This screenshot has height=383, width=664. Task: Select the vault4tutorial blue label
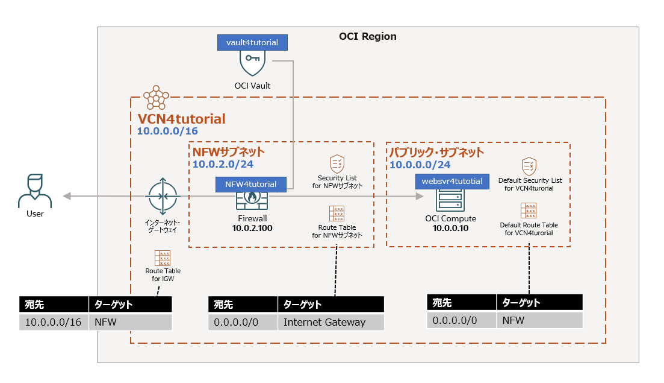[x=252, y=42]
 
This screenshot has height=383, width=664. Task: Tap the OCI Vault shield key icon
[x=252, y=63]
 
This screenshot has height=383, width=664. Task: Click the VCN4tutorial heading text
[x=181, y=119]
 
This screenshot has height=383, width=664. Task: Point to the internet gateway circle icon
[x=163, y=195]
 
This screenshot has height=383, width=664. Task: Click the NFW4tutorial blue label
[x=251, y=184]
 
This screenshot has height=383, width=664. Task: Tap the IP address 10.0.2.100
[x=252, y=228]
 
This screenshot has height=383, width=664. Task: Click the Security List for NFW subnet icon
[x=337, y=164]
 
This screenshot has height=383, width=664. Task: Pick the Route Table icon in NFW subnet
[x=337, y=214]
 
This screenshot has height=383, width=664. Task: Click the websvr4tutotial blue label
[x=452, y=181]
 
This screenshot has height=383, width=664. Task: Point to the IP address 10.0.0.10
[x=450, y=228]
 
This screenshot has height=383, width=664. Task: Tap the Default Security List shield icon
[x=529, y=166]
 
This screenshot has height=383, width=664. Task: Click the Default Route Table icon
[x=529, y=210]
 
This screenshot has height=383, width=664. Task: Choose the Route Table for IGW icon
[x=163, y=258]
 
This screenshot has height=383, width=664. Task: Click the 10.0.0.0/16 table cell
[x=54, y=322]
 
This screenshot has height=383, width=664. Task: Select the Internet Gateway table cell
[x=330, y=322]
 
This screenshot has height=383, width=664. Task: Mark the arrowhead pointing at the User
[x=67, y=196]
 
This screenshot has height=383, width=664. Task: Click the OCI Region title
[x=368, y=36]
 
